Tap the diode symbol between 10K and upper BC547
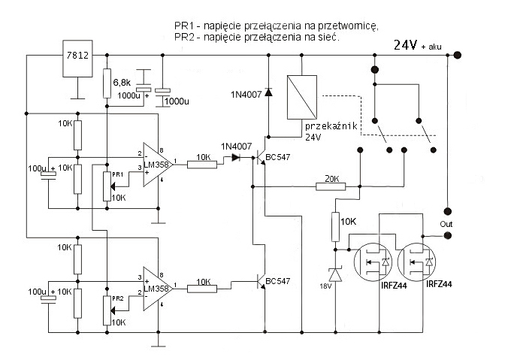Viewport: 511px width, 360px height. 237,158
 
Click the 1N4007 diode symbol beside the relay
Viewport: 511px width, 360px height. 270,92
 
